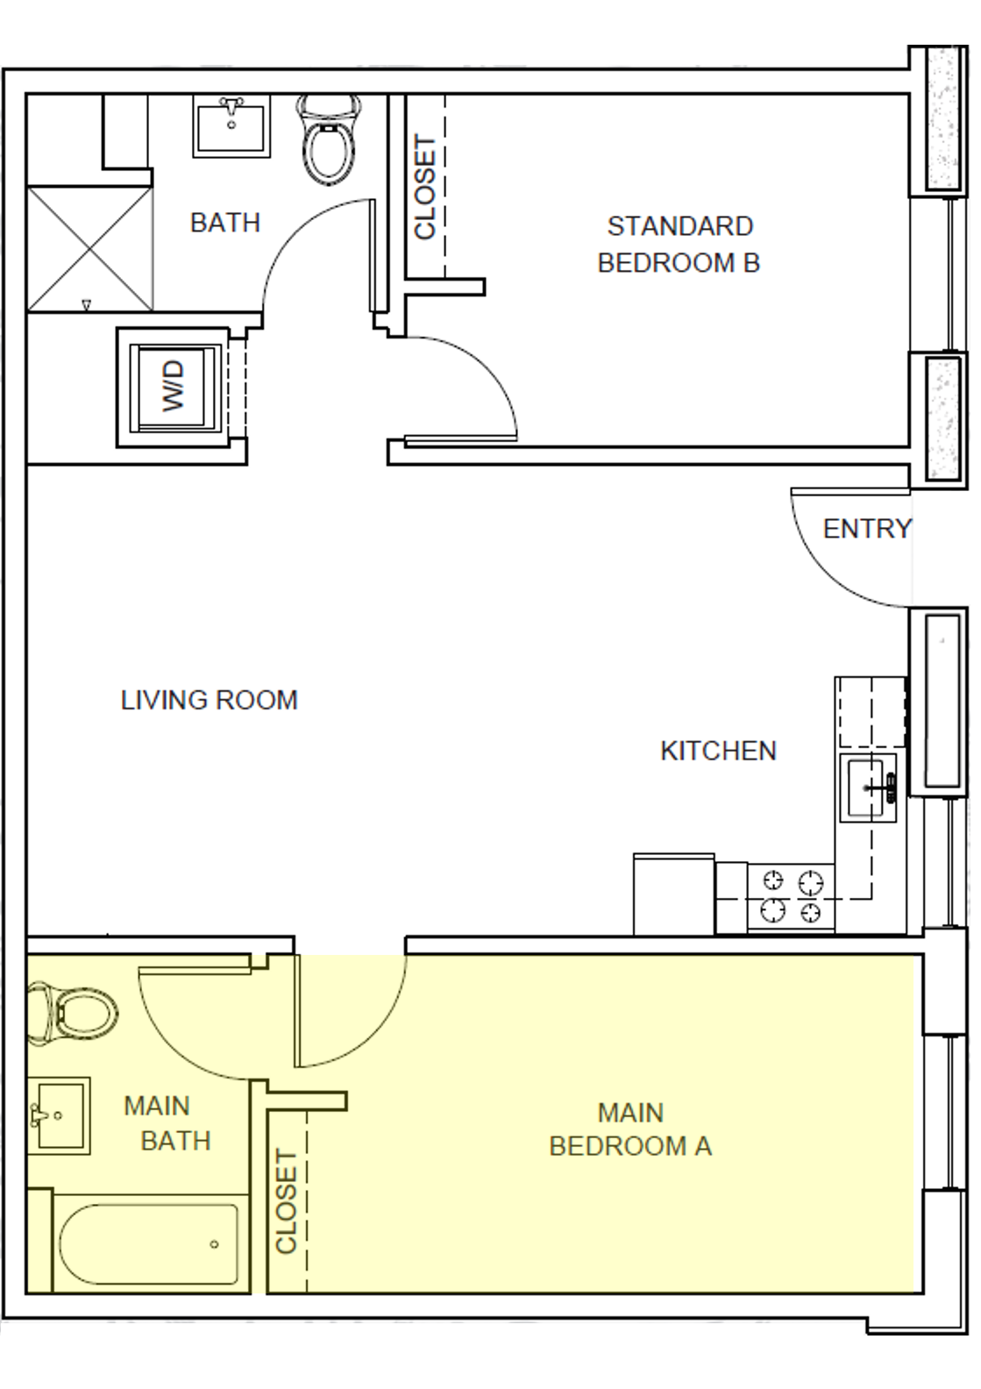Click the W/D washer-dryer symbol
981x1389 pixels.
[174, 387]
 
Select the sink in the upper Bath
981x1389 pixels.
[231, 127]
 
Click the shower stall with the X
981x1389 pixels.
[89, 247]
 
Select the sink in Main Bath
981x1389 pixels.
[59, 1116]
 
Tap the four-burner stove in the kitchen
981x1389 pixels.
[791, 896]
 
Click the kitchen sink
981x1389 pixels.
[869, 787]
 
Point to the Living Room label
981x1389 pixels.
[209, 700]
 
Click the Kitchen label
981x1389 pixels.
[718, 751]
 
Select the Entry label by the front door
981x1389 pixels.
[867, 529]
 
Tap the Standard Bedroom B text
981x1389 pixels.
[679, 244]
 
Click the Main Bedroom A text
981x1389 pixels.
[630, 1129]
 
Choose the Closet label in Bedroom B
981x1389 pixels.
[425, 187]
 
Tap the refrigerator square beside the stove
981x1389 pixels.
[672, 894]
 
